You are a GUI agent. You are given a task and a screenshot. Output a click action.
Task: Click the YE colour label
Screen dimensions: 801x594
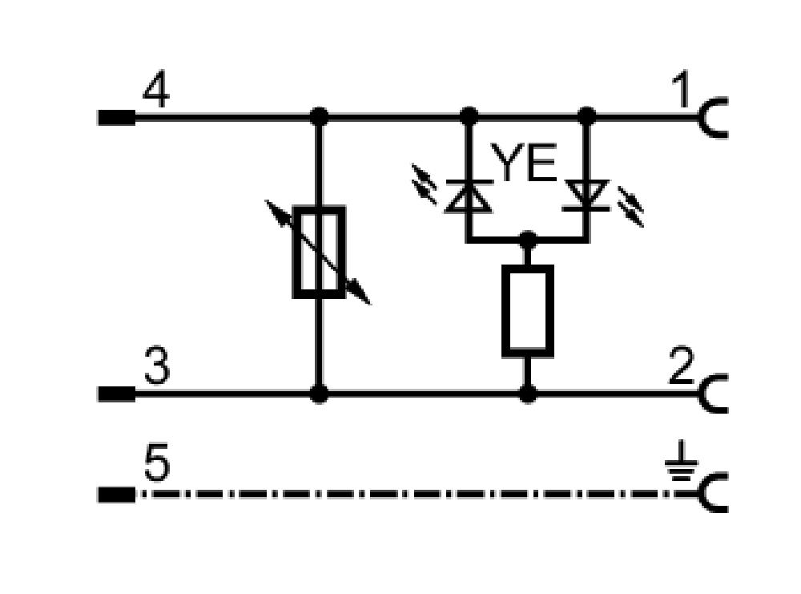point(524,162)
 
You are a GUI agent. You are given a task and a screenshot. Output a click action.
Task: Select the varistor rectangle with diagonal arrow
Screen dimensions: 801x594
point(319,252)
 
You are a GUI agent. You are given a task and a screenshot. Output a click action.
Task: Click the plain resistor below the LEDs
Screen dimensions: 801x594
point(528,310)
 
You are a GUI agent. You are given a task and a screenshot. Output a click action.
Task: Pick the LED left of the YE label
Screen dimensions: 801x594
point(469,196)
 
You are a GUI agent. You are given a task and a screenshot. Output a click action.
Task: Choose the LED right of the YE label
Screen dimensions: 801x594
point(586,196)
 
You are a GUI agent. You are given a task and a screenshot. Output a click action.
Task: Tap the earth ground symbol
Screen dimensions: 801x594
point(681,462)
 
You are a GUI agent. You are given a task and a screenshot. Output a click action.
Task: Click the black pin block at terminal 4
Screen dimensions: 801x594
point(116,118)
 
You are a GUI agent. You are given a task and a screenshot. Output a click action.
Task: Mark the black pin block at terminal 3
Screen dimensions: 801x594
point(116,394)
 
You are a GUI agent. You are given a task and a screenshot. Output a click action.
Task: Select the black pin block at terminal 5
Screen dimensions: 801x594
point(116,495)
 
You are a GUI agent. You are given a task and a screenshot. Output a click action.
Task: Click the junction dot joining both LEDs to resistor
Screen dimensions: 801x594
point(528,240)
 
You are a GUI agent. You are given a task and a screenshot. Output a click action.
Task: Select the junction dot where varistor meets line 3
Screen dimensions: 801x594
point(320,394)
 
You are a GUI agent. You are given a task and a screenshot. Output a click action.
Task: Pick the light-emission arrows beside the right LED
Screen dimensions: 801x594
point(631,206)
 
